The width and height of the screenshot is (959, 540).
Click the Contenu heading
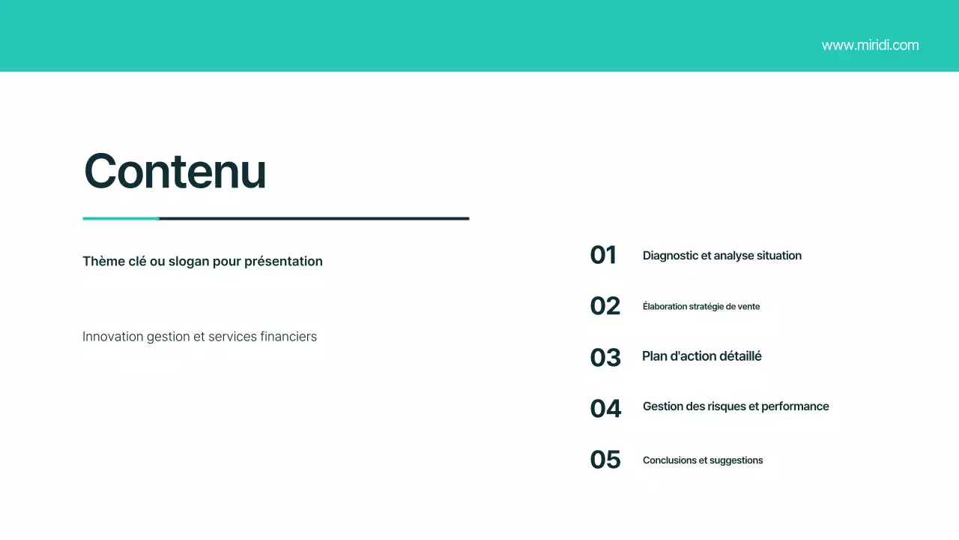click(x=175, y=171)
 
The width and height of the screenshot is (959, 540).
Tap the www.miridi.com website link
click(x=870, y=45)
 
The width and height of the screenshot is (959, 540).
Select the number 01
click(x=603, y=255)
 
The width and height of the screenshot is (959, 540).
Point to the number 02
click(x=605, y=306)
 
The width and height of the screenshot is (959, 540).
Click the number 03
click(x=605, y=357)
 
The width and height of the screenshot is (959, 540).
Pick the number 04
click(x=605, y=408)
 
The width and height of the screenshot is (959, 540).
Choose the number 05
click(x=605, y=459)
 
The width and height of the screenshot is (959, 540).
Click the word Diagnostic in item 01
click(x=670, y=256)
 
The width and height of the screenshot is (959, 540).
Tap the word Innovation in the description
click(x=113, y=337)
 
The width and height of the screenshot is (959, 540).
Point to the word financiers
click(x=288, y=337)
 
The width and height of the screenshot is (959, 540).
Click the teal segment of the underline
click(x=121, y=218)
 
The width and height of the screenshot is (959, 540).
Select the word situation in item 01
click(x=775, y=256)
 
